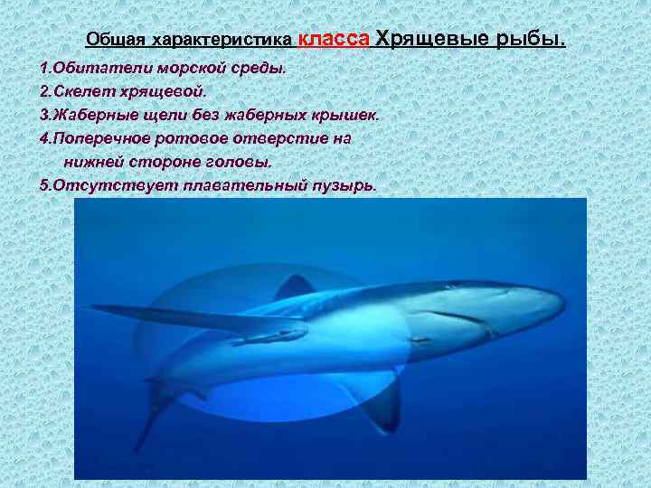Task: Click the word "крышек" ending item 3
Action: [x=344, y=116]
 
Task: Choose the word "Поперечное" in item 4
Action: [x=99, y=139]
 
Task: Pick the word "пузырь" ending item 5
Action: [x=341, y=185]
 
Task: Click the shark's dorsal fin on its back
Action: [x=295, y=287]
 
